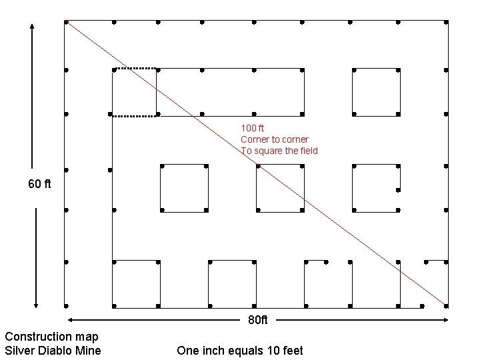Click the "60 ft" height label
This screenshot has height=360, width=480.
coord(39,184)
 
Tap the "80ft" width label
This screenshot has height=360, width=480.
coord(257,320)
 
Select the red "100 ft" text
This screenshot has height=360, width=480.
coord(253,127)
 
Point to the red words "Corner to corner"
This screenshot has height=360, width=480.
coord(275,139)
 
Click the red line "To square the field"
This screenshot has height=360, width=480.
coord(279,151)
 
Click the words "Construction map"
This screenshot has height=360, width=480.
coord(51,337)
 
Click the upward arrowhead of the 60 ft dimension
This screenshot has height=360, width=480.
coord(32,27)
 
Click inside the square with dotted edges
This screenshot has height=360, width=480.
coord(134,92)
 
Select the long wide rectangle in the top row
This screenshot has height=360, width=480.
coord(230,90)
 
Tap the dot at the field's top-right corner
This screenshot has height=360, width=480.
coord(446,22)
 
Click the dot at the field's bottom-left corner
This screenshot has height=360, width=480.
coord(66,306)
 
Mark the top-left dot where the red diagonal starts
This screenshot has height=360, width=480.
coord(66,22)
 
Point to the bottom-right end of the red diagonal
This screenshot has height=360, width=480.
coord(445,305)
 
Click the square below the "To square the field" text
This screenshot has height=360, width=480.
coord(280,187)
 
